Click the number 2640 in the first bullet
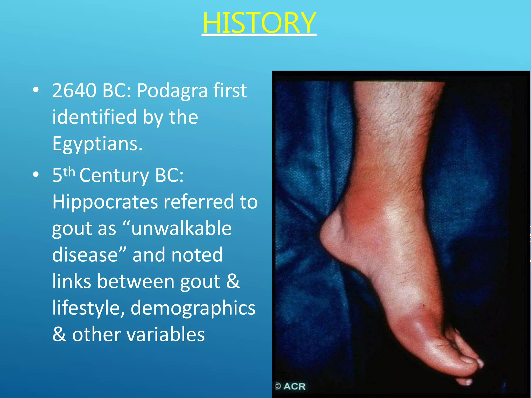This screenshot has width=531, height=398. click(74, 90)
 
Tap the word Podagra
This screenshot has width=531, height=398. click(172, 91)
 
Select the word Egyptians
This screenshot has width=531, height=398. click(97, 144)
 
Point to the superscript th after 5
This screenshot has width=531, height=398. click(69, 172)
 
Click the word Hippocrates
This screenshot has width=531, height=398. click(105, 201)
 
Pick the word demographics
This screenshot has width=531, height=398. click(193, 308)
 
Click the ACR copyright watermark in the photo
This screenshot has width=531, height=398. click(290, 386)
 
